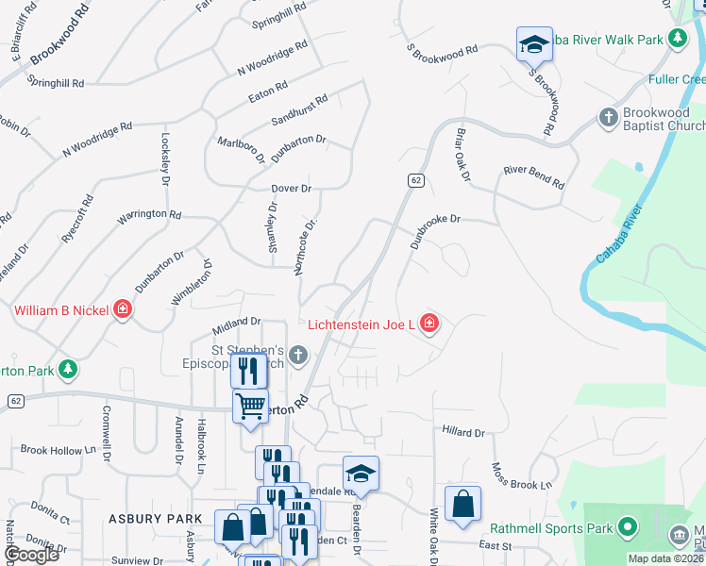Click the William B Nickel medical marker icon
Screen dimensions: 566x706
click(x=122, y=309)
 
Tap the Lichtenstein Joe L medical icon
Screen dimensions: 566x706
click(x=429, y=325)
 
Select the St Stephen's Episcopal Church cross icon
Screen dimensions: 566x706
click(x=298, y=355)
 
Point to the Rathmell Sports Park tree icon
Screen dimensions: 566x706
click(x=630, y=528)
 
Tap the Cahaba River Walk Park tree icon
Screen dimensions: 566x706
click(x=677, y=39)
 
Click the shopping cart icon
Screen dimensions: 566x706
click(x=250, y=406)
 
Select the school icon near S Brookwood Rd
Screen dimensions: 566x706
click(x=534, y=42)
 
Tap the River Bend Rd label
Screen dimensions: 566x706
click(x=533, y=176)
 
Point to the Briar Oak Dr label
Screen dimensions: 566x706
click(x=462, y=155)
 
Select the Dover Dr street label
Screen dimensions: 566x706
click(x=291, y=189)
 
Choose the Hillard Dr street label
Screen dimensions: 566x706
click(x=462, y=432)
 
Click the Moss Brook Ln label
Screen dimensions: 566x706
click(x=521, y=476)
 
